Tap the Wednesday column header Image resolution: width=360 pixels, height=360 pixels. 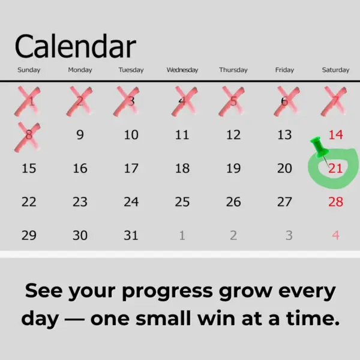pyautogui.click(x=182, y=70)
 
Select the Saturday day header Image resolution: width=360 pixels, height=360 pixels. pyautogui.click(x=335, y=70)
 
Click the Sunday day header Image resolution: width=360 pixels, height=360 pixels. pyautogui.click(x=29, y=70)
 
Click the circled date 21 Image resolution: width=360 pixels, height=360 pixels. pyautogui.click(x=335, y=169)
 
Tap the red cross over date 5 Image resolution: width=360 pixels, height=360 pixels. pyautogui.click(x=233, y=101)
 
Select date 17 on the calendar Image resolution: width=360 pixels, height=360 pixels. pyautogui.click(x=131, y=169)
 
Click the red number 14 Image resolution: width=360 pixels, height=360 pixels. pyautogui.click(x=335, y=135)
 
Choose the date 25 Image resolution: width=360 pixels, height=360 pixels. pyautogui.click(x=182, y=202)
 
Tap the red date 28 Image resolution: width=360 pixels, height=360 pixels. pyautogui.click(x=335, y=202)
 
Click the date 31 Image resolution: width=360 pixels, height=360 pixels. pyautogui.click(x=131, y=236)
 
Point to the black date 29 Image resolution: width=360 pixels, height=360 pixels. pyautogui.click(x=29, y=236)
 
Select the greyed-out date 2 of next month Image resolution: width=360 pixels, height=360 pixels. pyautogui.click(x=233, y=236)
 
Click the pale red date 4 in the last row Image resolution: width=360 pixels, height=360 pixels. pyautogui.click(x=335, y=236)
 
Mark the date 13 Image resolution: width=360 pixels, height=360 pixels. pyautogui.click(x=284, y=135)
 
